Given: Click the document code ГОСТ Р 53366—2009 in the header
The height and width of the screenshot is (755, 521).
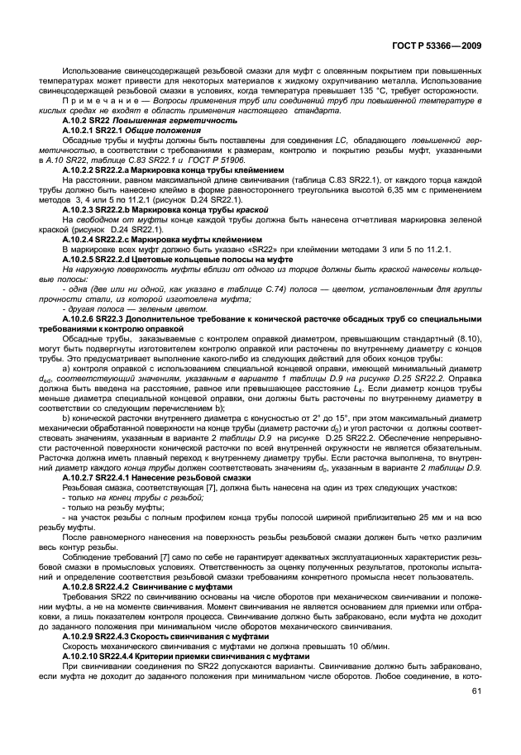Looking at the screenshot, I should [x=438, y=48].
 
